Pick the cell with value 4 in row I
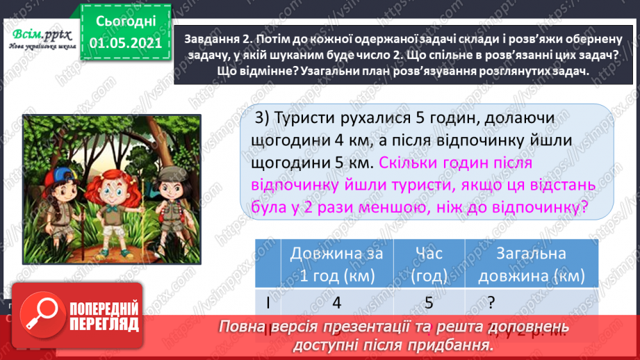click(336, 303)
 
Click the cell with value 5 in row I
click(428, 303)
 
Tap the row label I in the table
click(268, 303)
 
